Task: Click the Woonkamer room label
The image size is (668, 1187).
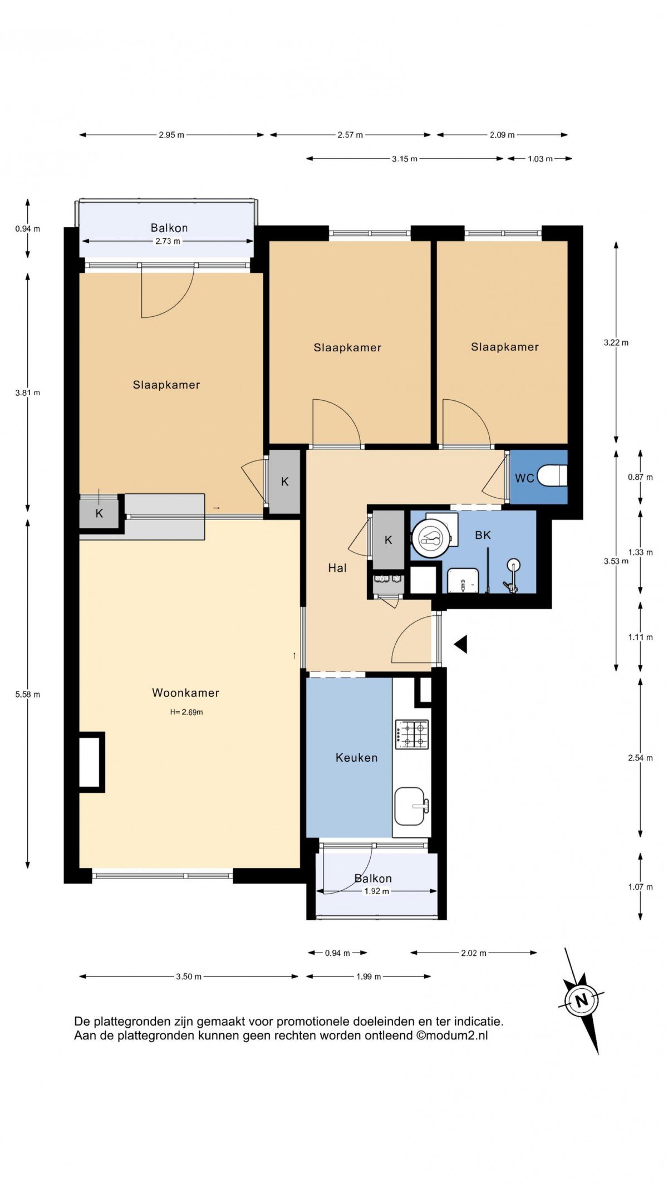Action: coord(185,693)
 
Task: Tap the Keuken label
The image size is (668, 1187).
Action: coord(356,757)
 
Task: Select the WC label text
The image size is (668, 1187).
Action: coord(524,478)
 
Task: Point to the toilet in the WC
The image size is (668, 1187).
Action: coord(552,476)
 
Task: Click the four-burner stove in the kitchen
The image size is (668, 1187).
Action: coord(412,734)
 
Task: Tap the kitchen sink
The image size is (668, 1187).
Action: coord(412,806)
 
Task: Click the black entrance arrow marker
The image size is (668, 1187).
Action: coord(460,644)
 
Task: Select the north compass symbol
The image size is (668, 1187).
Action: coord(581,1000)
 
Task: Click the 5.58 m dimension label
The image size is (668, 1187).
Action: coord(28,694)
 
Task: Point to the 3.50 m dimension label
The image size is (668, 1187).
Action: coord(189,976)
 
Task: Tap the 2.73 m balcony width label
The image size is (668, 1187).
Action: coord(168,241)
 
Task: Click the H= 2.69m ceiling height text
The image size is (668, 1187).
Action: coord(186,712)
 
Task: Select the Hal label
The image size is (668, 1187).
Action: coord(337,568)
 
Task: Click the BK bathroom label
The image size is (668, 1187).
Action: coord(483,535)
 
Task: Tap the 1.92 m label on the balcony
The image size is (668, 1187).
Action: coord(377,891)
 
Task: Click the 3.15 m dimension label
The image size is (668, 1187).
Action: coord(405,159)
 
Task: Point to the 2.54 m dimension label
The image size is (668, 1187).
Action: coord(640,758)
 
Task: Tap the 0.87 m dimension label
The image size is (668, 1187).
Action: coord(640,477)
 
